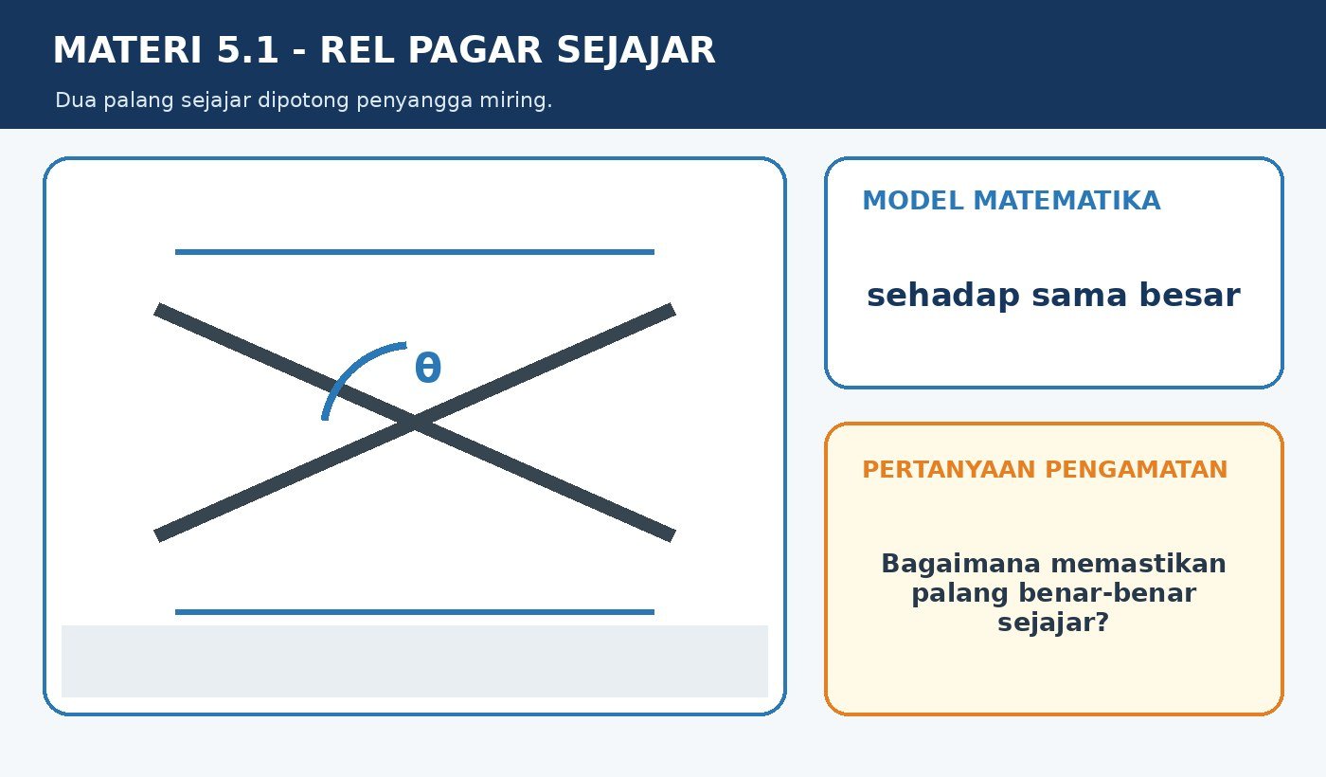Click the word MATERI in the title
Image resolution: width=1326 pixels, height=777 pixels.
point(128,49)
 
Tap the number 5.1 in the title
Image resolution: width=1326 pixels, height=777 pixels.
point(247,49)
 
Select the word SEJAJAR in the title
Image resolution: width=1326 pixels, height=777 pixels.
point(636,51)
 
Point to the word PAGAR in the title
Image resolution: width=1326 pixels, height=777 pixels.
point(475,49)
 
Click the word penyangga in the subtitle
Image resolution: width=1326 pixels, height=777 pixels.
point(415,100)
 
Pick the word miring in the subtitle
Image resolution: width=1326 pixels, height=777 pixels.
point(515,99)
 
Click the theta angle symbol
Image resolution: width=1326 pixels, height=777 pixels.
point(428,368)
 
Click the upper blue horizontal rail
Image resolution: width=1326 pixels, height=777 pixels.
point(415,252)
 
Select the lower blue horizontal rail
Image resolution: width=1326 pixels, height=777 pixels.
point(415,612)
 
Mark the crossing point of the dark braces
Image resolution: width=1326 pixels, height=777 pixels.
point(415,423)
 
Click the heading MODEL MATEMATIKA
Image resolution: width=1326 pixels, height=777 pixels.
point(1012,201)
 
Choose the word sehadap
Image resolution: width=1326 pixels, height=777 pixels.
point(943,296)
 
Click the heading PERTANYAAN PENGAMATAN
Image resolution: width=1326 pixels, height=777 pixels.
point(1045,470)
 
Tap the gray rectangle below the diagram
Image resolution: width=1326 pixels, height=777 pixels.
point(415,661)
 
